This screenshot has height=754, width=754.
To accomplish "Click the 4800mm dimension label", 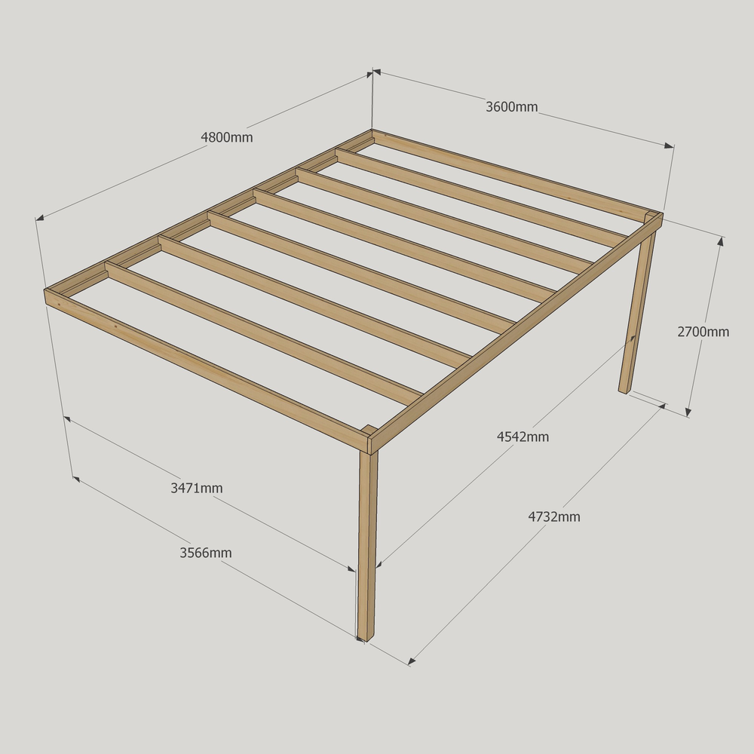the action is coord(226,137).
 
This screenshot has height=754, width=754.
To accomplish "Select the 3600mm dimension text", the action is coord(512,107).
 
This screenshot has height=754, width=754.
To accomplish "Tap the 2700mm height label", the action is coord(703,332).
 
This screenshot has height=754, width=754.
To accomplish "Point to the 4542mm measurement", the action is coord(523,437).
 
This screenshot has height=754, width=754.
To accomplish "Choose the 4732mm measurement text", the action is coord(554,517).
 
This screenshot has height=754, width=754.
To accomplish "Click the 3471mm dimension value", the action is coord(197,488).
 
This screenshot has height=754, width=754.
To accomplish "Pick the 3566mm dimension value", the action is coord(206,553).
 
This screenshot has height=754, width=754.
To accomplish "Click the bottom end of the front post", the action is coord(366,639).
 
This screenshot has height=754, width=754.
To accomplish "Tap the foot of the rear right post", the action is coord(624,391).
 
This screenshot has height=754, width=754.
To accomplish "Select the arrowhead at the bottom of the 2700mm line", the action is coord(688,412).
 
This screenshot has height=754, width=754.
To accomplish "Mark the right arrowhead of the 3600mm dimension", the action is coord(670,146).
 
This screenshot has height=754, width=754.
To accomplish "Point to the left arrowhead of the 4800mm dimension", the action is coord(40,218).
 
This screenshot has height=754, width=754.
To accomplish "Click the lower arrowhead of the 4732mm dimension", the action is coord(412,662).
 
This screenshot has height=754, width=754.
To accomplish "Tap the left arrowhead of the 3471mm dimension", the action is coord(67,419).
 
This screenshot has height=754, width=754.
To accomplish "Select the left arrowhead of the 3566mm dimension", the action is coord(76,479).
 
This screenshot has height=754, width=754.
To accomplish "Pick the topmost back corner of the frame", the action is coord(372,130).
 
